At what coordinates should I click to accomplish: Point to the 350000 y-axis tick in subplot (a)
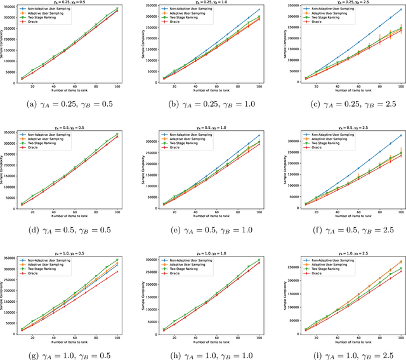15,7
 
